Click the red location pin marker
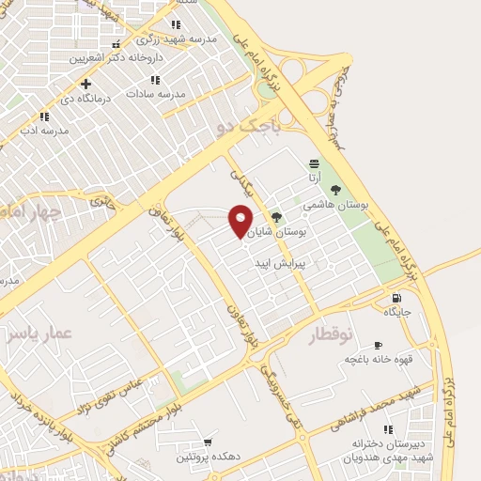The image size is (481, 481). point(241,221)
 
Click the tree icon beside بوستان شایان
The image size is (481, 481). point(275,216)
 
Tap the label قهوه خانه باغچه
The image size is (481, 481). point(374,359)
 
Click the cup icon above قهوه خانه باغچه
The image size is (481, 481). point(377,345)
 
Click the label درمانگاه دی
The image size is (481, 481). point(87,97)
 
